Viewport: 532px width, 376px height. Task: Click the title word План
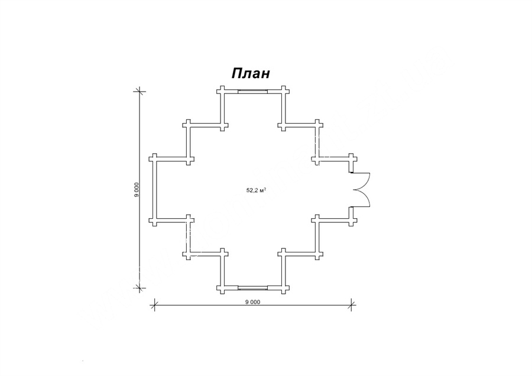[x=251, y=73]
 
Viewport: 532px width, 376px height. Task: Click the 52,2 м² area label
[x=256, y=190]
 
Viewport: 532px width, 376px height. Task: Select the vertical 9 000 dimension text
[x=137, y=189]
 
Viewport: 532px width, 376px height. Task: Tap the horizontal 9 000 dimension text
[x=252, y=302]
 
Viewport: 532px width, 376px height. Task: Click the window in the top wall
[x=253, y=91]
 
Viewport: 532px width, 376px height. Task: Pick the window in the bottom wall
[x=253, y=288]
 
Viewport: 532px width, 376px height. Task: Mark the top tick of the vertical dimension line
[x=138, y=91]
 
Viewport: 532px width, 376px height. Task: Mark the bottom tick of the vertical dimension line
[x=138, y=288]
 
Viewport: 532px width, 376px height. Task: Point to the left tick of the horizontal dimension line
[x=154, y=304]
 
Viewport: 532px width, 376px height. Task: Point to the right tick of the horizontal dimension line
[x=352, y=304]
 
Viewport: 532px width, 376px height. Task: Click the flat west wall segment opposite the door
[x=154, y=189]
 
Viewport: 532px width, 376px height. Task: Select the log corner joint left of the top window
[x=222, y=91]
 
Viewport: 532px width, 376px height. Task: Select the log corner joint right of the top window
[x=283, y=91]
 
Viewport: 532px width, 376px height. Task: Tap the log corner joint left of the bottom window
[x=222, y=288]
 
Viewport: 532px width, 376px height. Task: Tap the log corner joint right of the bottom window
[x=283, y=288]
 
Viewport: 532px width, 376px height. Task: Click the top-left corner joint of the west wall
[x=154, y=159]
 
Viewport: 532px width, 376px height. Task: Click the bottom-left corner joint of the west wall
[x=154, y=220]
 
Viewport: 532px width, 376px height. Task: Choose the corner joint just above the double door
[x=352, y=159]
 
